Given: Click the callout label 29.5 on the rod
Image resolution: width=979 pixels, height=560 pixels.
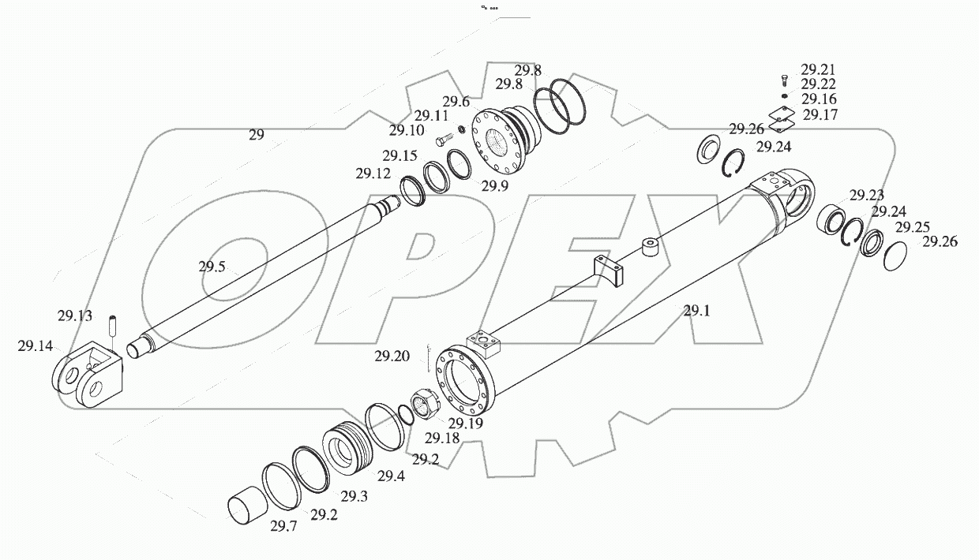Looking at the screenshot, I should pyautogui.click(x=212, y=267).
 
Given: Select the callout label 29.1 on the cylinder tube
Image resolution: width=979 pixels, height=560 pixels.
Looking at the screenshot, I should pyautogui.click(x=696, y=311).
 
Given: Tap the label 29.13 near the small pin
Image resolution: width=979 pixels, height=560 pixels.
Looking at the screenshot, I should pyautogui.click(x=74, y=316).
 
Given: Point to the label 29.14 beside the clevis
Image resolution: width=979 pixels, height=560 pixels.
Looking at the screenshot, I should pyautogui.click(x=35, y=345).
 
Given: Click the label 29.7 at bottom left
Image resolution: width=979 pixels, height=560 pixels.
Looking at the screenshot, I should pyautogui.click(x=283, y=526).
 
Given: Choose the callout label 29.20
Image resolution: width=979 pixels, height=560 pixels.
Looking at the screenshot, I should pyautogui.click(x=392, y=356).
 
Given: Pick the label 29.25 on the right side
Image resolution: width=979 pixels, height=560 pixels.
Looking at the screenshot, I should pyautogui.click(x=912, y=227).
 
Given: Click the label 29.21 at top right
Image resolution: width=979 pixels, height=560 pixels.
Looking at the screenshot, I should pyautogui.click(x=817, y=69).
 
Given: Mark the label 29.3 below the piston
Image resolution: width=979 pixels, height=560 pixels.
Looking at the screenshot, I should pyautogui.click(x=354, y=496).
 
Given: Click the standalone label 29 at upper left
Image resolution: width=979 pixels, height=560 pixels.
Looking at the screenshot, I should pyautogui.click(x=256, y=135).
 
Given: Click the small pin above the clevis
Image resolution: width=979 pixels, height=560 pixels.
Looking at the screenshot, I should pyautogui.click(x=112, y=323).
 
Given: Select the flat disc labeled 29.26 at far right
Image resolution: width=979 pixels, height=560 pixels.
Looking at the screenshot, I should pyautogui.click(x=894, y=257).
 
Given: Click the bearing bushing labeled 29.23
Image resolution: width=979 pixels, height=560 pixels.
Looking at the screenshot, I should pyautogui.click(x=831, y=218).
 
